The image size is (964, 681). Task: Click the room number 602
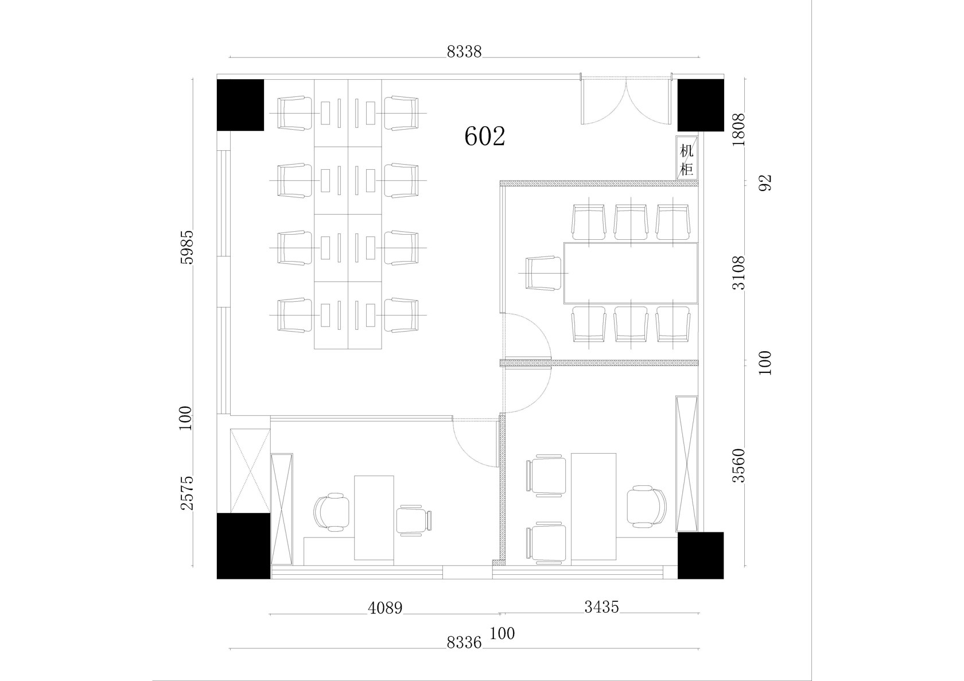(484, 136)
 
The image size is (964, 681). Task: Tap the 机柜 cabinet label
(686, 159)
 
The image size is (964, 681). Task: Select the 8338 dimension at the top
(464, 52)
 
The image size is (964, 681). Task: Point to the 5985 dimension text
(187, 247)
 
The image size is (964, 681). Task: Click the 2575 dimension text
(187, 493)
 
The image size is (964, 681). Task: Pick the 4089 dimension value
(385, 608)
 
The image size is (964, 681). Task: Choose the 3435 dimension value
(601, 607)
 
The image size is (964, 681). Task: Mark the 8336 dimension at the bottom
(464, 643)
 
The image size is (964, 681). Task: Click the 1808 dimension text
(738, 130)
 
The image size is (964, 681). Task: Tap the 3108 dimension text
(738, 273)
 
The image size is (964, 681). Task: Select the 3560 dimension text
(738, 465)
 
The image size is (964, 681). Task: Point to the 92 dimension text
(765, 183)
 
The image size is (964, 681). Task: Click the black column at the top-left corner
(240, 105)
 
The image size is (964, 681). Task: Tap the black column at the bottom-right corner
(701, 555)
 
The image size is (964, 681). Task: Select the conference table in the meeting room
(631, 273)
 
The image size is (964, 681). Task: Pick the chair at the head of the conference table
(543, 273)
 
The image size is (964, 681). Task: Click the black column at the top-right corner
(701, 106)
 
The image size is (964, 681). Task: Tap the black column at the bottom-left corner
(243, 546)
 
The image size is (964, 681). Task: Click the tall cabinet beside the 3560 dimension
(686, 464)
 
